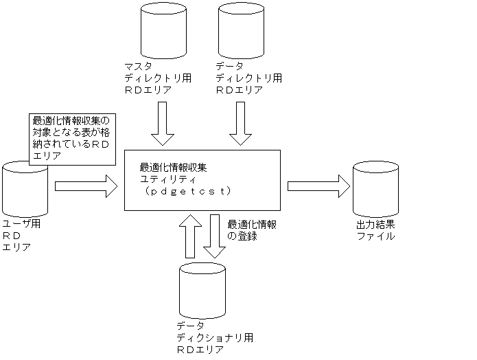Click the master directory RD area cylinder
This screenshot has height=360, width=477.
[163, 30]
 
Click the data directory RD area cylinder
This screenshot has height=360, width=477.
[240, 30]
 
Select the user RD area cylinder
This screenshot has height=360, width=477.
[25, 188]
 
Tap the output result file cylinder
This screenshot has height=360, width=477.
[375, 188]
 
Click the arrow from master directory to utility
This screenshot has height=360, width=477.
[163, 124]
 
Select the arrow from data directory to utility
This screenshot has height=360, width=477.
[240, 124]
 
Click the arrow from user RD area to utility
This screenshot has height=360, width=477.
[86, 185]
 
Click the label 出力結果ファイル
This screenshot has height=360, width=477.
[375, 230]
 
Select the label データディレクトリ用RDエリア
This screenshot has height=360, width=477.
[248, 78]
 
